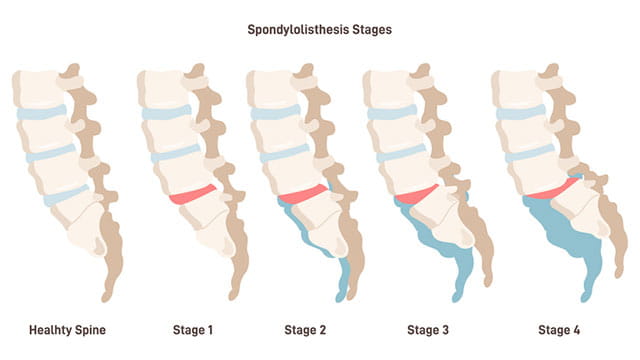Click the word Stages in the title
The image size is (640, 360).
pos(369,30)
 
